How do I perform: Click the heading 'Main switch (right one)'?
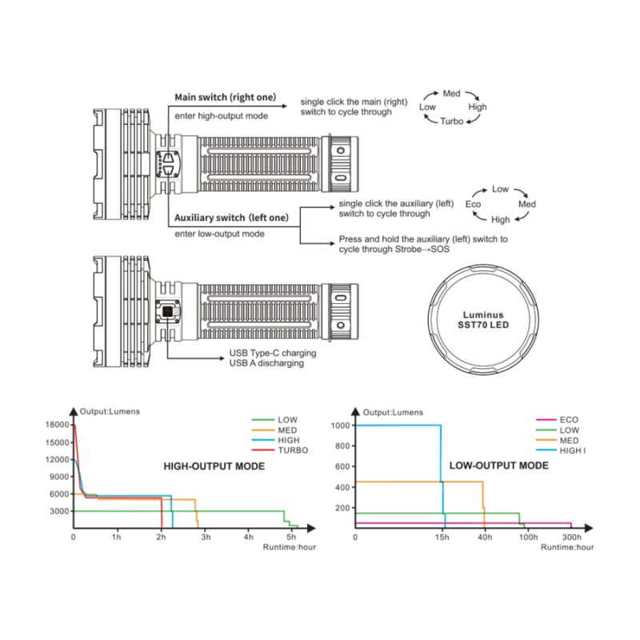(x=226, y=97)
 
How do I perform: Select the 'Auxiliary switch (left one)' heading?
(x=231, y=218)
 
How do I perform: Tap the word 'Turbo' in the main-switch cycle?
(x=451, y=122)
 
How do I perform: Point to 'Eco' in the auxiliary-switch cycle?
(x=473, y=204)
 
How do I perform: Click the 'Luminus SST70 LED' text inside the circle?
(x=483, y=320)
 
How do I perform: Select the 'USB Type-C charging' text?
(x=273, y=353)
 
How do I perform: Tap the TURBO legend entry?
(x=280, y=450)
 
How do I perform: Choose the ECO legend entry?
(x=557, y=419)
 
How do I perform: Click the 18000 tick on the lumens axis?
(x=57, y=425)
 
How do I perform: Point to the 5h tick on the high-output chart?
(x=291, y=537)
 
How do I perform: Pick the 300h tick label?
(x=571, y=537)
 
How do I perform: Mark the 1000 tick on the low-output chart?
(x=341, y=426)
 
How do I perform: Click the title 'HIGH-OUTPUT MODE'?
(x=214, y=466)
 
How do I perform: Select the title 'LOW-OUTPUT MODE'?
(x=498, y=466)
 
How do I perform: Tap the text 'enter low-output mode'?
(x=219, y=234)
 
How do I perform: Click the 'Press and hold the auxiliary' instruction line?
(x=423, y=239)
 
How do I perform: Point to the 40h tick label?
(x=485, y=537)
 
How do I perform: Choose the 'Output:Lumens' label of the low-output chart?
(x=393, y=412)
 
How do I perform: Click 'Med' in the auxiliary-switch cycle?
(x=527, y=204)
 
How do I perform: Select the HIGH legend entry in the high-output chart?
(x=275, y=440)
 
